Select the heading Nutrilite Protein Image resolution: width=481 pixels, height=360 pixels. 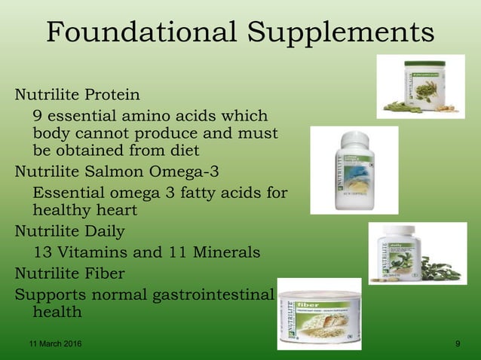(78, 96)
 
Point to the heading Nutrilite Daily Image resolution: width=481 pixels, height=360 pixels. (70, 230)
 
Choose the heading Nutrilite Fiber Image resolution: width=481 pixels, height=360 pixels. (70, 273)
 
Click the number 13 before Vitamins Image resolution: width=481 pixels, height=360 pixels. (44, 252)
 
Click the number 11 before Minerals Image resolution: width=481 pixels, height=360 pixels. (178, 252)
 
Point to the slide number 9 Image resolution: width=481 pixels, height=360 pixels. (458, 344)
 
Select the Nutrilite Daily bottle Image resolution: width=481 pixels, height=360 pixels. (397, 253)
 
